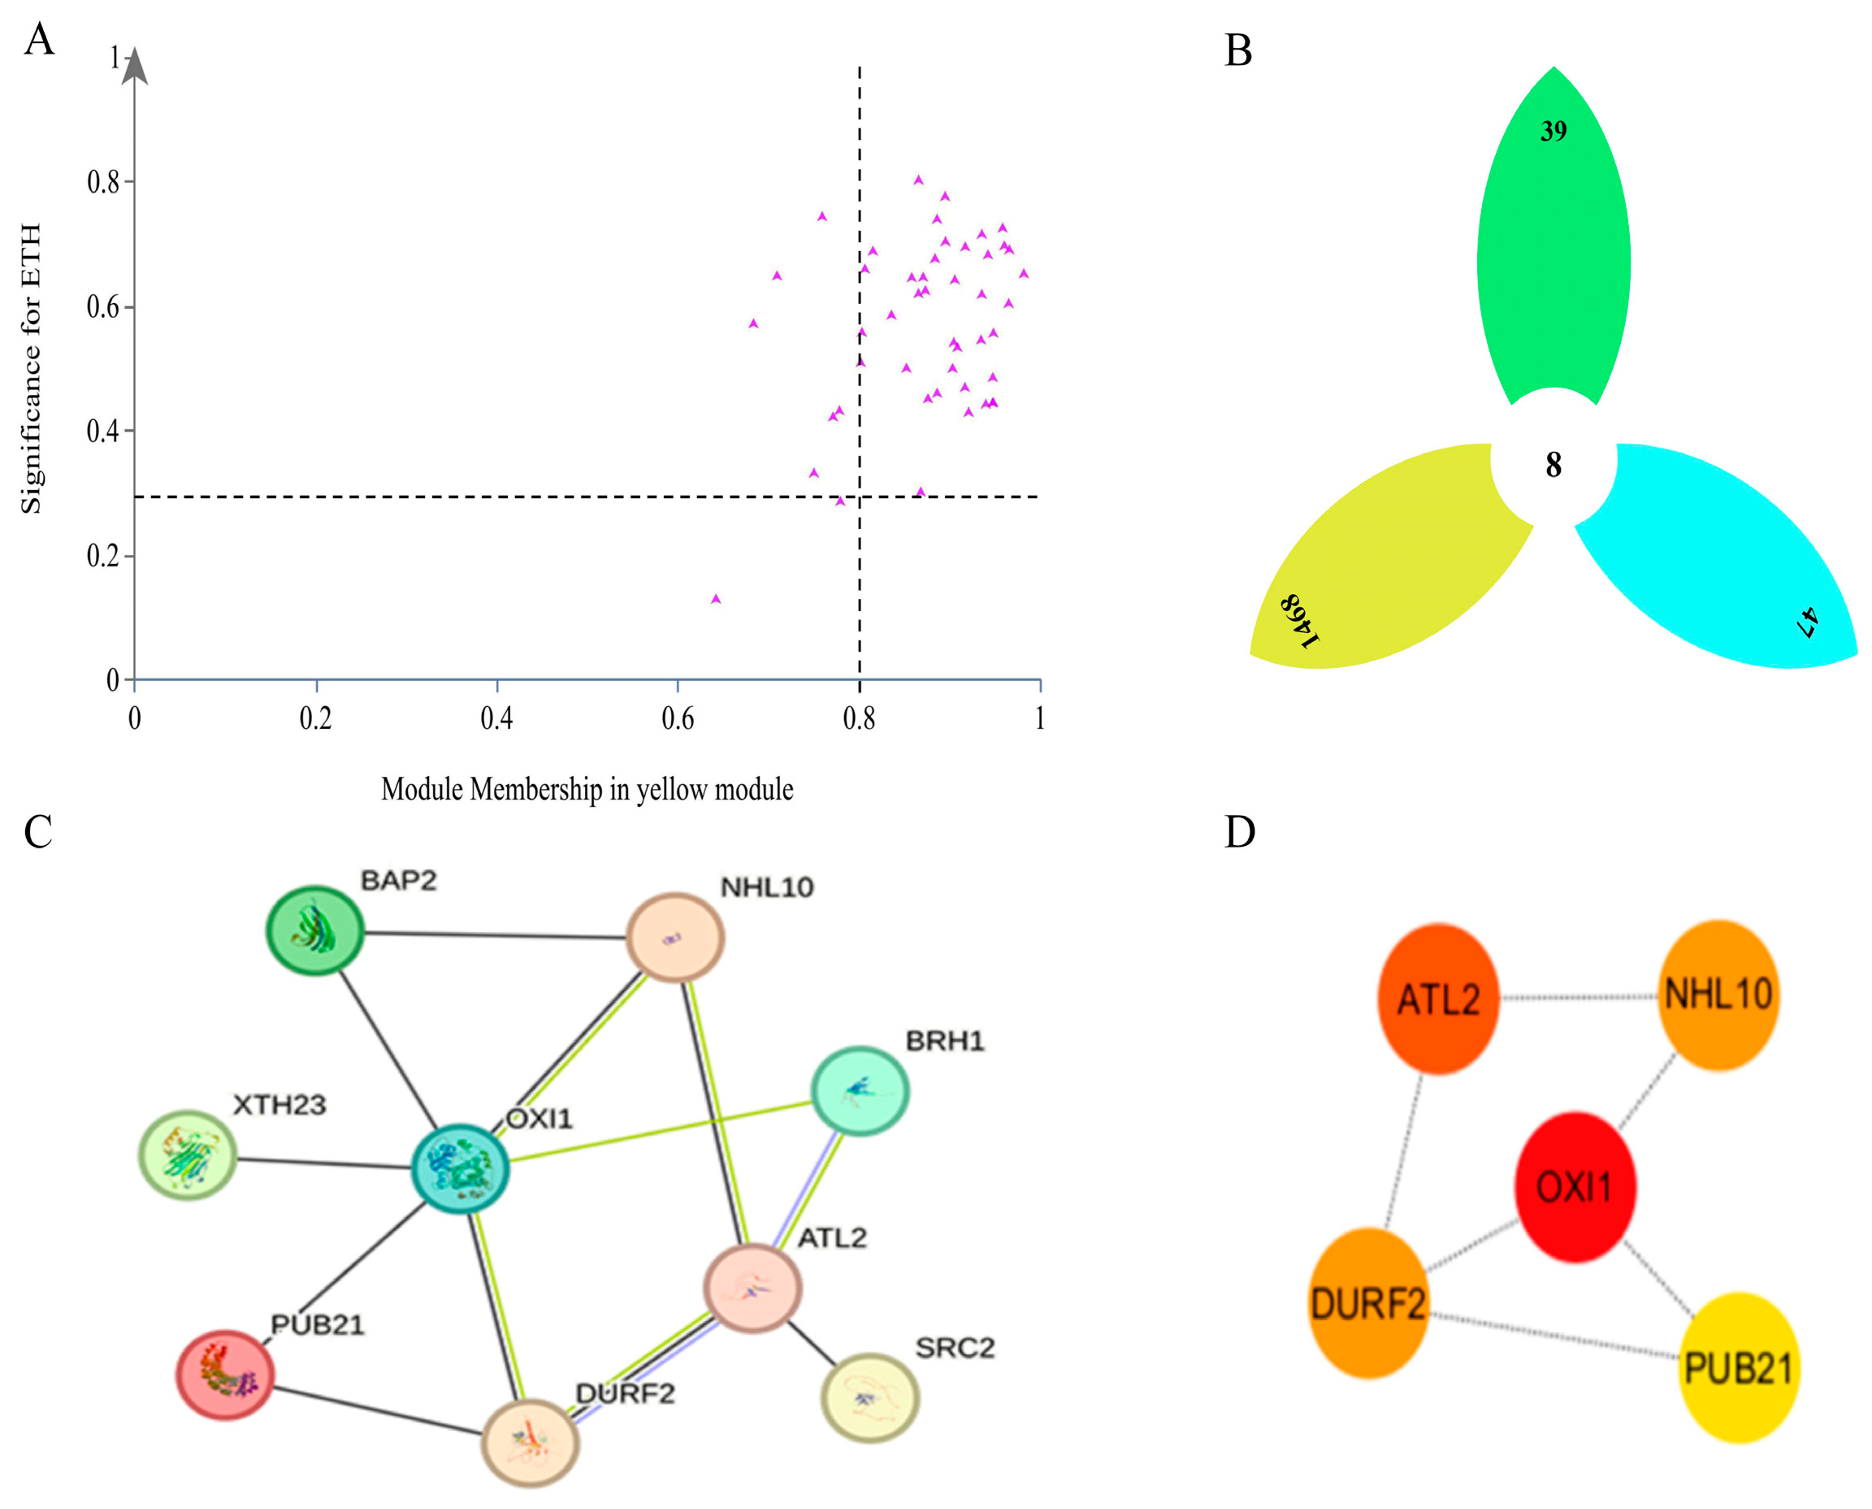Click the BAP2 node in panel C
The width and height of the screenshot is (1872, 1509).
314,931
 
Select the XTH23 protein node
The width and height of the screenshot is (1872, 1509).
188,1156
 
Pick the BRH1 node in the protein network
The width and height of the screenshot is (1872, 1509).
860,1091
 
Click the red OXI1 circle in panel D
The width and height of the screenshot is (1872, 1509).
1575,1186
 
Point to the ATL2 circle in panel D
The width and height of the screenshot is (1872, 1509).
1438,999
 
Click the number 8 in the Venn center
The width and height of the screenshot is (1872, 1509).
1553,465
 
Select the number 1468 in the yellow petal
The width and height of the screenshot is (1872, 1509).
1300,621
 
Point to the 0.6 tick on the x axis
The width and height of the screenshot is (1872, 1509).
677,718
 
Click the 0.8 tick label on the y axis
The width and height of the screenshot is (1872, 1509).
103,182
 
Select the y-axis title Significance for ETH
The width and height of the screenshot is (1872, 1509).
32,369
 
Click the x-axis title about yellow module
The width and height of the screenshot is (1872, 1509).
587,789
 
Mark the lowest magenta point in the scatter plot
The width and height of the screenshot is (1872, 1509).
716,599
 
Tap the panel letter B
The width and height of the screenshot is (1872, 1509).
1237,50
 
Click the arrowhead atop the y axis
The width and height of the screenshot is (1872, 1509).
134,67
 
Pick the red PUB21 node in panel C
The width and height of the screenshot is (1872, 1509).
225,1374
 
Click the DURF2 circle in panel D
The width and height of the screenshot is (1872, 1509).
1368,1303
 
